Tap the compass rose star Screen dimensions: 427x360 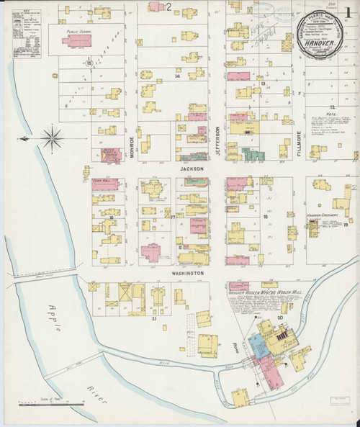click(x=53, y=137)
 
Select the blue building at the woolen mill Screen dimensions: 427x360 click(x=257, y=343)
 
